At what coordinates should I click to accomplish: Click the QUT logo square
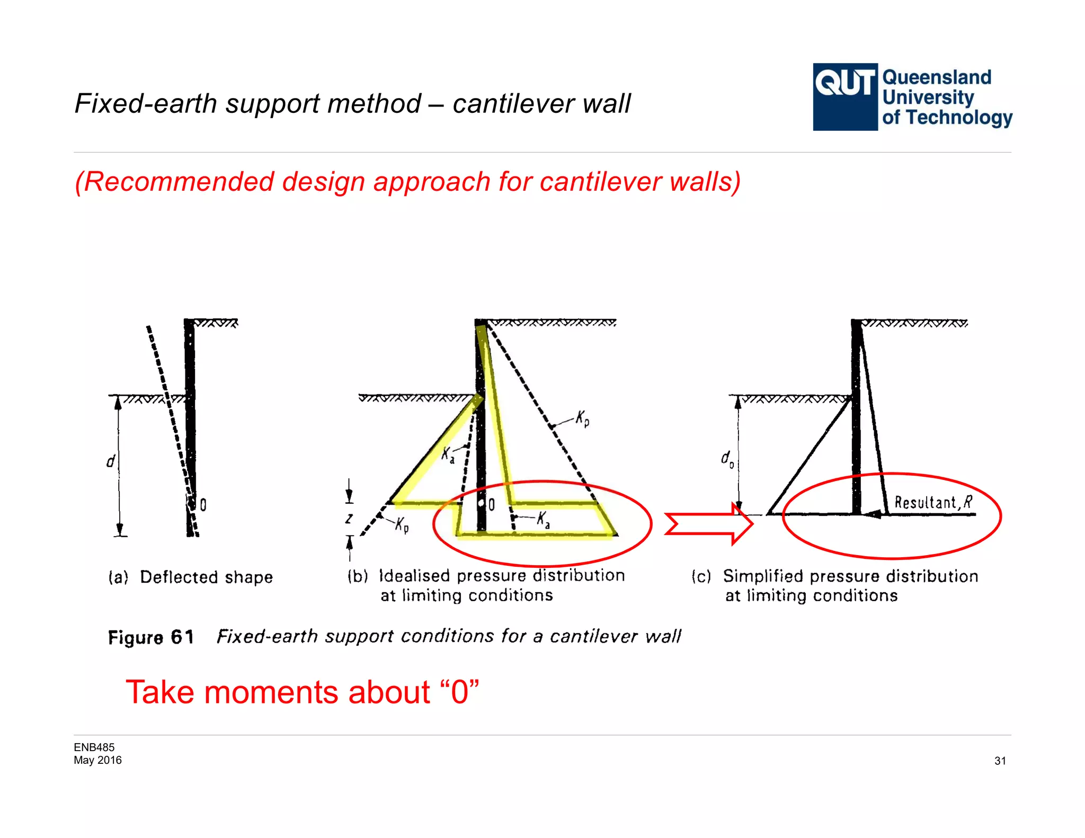tap(844, 97)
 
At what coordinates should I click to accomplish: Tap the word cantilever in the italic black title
tap(513, 103)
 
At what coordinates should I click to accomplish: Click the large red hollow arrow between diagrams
tap(709, 524)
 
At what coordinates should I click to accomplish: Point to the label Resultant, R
tap(933, 502)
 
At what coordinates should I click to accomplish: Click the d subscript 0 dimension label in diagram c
tap(727, 459)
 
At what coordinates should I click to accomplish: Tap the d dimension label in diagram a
tap(111, 461)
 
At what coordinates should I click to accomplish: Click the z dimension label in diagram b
tap(349, 518)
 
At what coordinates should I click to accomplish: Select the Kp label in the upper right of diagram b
tap(582, 418)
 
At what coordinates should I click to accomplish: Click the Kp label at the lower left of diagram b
tap(402, 524)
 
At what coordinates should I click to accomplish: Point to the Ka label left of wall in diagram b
tap(448, 455)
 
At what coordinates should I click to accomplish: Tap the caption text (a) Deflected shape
tap(191, 577)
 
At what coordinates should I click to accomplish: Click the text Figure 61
tap(151, 637)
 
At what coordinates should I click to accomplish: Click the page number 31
tap(1000, 761)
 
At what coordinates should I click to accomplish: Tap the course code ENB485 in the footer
tap(94, 747)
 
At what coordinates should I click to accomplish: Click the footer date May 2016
tap(97, 760)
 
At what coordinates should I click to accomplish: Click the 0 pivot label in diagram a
tap(203, 505)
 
